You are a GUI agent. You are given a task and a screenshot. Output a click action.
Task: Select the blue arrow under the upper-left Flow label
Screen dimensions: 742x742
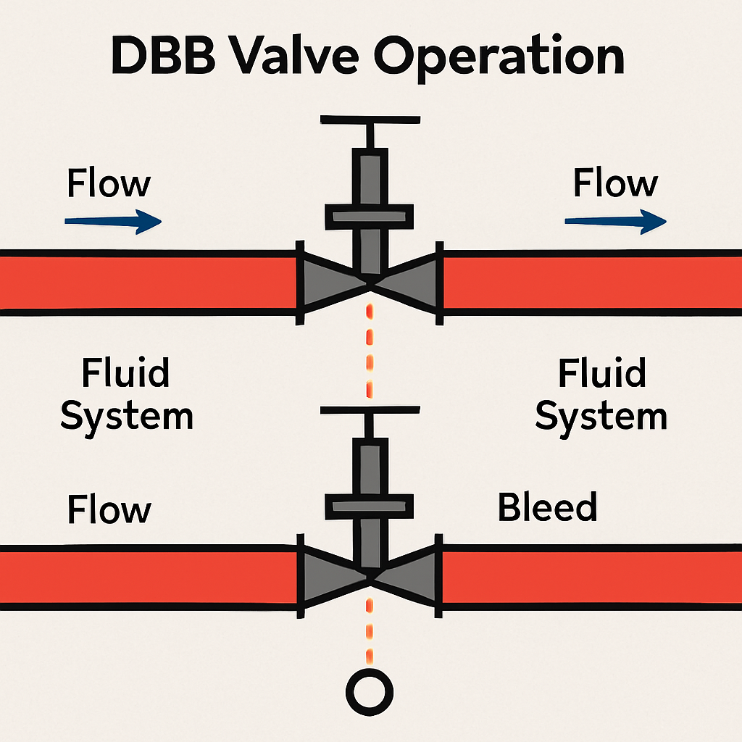pyautogui.click(x=113, y=221)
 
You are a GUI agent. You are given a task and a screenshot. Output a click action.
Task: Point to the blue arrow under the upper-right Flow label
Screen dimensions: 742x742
pyautogui.click(x=614, y=221)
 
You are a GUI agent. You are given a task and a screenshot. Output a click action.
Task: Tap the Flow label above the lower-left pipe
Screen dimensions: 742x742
pyautogui.click(x=109, y=509)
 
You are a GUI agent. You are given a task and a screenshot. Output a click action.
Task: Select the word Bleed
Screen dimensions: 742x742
pyautogui.click(x=547, y=507)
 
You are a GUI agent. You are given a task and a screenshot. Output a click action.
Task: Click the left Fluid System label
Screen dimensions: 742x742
pyautogui.click(x=126, y=396)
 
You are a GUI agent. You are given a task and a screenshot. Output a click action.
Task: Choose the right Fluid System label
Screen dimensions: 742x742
pyautogui.click(x=601, y=396)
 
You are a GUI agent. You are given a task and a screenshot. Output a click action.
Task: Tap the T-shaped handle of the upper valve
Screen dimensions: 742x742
pyautogui.click(x=370, y=120)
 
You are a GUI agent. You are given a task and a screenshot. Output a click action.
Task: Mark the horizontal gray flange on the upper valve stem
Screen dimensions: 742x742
pyautogui.click(x=370, y=215)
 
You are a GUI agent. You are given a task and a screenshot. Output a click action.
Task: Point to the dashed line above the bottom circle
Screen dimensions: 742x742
pyautogui.click(x=370, y=630)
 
